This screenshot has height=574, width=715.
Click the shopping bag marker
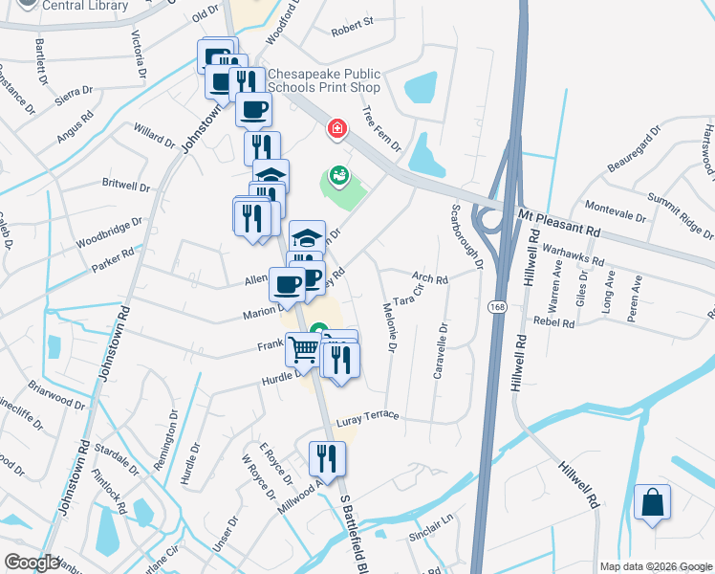click(652, 502)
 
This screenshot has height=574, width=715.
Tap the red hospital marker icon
click(336, 128)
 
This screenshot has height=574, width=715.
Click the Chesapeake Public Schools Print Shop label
click(324, 80)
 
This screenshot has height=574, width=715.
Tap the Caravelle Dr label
click(441, 350)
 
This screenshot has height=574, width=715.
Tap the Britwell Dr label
click(126, 186)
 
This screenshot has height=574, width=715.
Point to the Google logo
click(32, 563)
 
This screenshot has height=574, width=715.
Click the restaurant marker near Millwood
click(327, 458)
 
